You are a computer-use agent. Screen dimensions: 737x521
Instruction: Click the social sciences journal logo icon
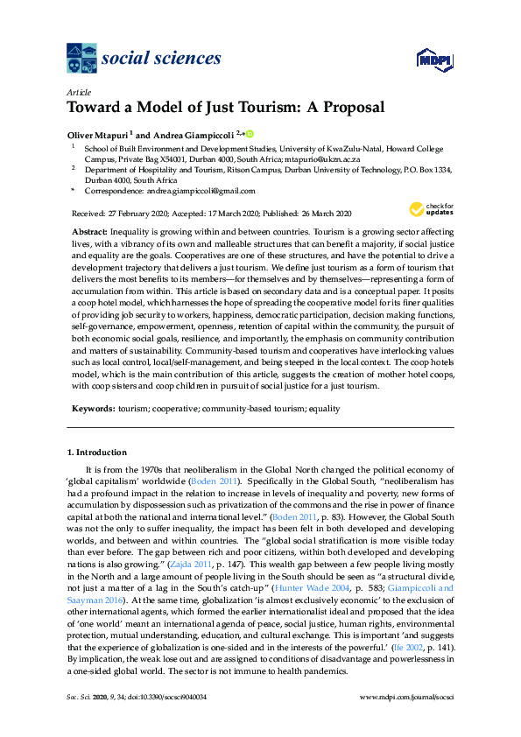pos(82,60)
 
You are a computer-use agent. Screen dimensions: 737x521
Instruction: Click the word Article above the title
pos(78,92)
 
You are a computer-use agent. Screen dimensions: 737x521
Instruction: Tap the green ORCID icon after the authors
pos(250,133)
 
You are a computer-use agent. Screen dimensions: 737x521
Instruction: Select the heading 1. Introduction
pos(97,453)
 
